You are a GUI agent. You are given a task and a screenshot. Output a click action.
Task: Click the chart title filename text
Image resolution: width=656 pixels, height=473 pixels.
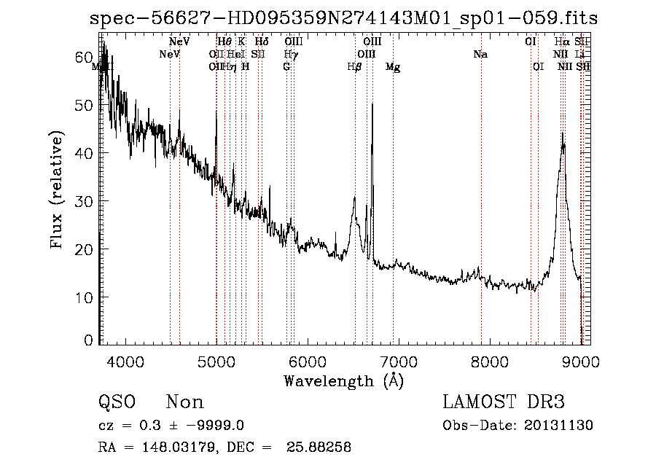[343, 18]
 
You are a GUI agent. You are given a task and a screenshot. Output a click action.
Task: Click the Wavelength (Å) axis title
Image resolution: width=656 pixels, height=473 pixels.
[343, 380]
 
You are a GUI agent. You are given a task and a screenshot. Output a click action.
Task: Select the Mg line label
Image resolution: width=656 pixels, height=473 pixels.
[393, 67]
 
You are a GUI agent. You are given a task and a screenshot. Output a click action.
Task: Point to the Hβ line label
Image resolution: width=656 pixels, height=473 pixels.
[355, 67]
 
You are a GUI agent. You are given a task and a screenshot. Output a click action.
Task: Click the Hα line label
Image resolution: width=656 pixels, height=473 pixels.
[561, 42]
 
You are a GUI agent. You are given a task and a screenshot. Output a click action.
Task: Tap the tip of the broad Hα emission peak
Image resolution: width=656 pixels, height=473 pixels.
[563, 133]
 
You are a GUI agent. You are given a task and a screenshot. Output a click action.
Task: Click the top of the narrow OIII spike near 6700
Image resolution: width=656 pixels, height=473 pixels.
[372, 104]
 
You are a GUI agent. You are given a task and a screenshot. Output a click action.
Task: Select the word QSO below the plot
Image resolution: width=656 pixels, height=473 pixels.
[117, 402]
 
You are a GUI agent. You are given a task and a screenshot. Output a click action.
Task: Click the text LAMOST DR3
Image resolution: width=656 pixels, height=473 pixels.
[504, 402]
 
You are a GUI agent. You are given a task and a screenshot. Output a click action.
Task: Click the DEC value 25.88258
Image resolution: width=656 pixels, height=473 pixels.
[321, 447]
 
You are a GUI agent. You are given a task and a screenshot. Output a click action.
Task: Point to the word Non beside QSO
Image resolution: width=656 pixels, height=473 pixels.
[184, 402]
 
